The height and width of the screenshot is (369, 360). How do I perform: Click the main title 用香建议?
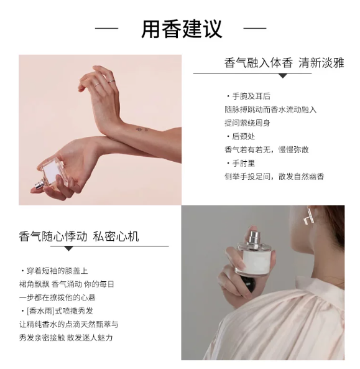click(x=182, y=29)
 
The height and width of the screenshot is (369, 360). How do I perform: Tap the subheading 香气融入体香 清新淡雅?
click(x=284, y=63)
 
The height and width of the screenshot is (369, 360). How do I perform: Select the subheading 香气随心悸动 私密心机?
click(x=79, y=236)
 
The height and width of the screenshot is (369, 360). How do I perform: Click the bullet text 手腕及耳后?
click(x=251, y=96)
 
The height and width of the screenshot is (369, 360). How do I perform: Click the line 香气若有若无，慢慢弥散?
click(x=267, y=150)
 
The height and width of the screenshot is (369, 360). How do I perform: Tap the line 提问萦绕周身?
click(x=247, y=123)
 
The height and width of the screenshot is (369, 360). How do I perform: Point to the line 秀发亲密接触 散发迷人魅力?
click(x=66, y=338)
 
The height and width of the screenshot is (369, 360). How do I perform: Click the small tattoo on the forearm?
click(x=142, y=129)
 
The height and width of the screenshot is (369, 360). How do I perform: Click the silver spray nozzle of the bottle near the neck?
click(x=254, y=238)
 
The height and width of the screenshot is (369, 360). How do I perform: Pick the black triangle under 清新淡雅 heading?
click(x=283, y=76)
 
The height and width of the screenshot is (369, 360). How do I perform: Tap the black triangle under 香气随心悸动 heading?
click(x=68, y=249)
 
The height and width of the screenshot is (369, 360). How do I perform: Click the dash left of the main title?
click(x=106, y=28)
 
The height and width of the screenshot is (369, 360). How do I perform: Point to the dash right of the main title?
click(x=255, y=28)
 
